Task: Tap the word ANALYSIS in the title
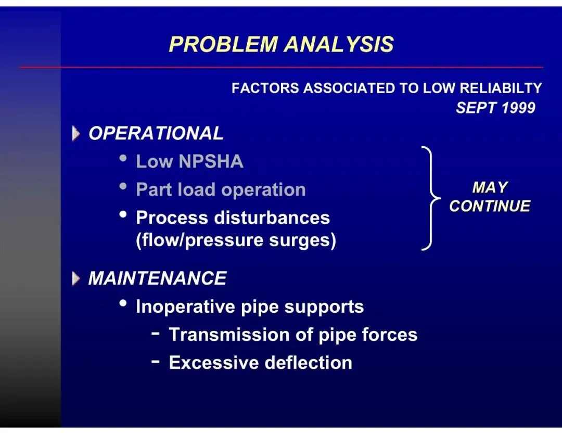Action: click(339, 45)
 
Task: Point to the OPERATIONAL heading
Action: click(156, 133)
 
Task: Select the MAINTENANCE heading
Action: click(158, 278)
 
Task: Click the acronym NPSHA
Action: click(211, 161)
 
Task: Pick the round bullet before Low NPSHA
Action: click(123, 158)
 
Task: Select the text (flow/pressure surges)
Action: click(236, 241)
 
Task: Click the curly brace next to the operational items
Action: click(430, 198)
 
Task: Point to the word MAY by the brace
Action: click(490, 187)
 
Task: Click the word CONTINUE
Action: click(490, 206)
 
